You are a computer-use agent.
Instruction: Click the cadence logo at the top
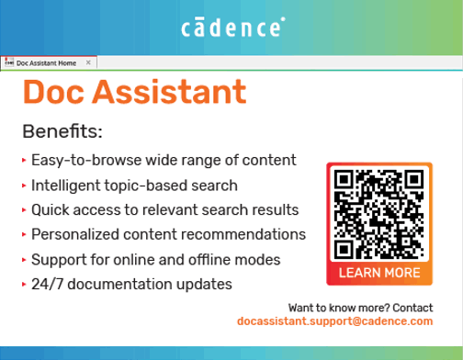click(x=231, y=28)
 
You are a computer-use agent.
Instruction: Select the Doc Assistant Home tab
click(x=46, y=63)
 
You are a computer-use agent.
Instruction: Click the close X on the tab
click(x=88, y=63)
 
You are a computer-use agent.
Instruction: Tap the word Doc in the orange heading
click(x=53, y=92)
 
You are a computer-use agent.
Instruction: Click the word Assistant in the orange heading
click(x=169, y=92)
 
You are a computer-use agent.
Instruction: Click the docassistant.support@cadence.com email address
click(x=334, y=322)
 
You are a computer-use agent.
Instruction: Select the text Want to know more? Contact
click(x=360, y=306)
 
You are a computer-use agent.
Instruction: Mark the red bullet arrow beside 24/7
click(x=24, y=284)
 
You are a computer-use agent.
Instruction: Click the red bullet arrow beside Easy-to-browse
click(x=24, y=160)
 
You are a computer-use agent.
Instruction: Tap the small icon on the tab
click(x=8, y=63)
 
